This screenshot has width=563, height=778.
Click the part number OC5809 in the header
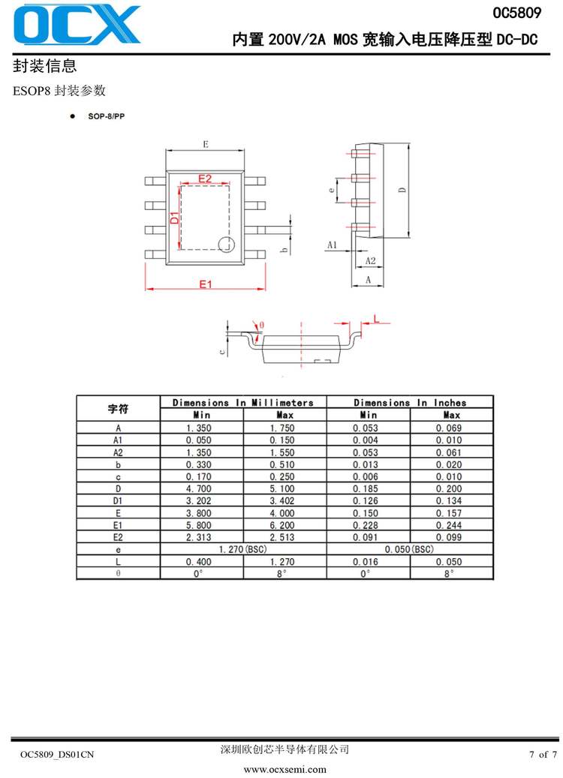coord(516,13)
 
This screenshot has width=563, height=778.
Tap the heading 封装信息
coord(44,66)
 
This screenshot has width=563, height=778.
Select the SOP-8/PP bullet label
coord(106,118)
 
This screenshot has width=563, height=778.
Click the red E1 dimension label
coord(206,284)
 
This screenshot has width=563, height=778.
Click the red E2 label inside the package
coord(204,179)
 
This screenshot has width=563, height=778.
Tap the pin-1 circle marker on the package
coord(226,243)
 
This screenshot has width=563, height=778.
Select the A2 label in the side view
coord(369,260)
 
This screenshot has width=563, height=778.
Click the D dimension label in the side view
coord(402,191)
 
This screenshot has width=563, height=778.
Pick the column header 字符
coord(119,409)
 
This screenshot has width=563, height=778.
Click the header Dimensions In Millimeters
coord(243,403)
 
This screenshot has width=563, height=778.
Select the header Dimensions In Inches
coord(410,403)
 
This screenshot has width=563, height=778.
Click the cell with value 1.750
coord(285,428)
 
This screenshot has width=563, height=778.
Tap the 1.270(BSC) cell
coord(243,549)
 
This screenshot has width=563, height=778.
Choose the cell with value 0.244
coord(451,525)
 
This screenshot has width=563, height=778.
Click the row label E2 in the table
coord(118,537)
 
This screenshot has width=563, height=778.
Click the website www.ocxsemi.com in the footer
coord(285,769)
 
